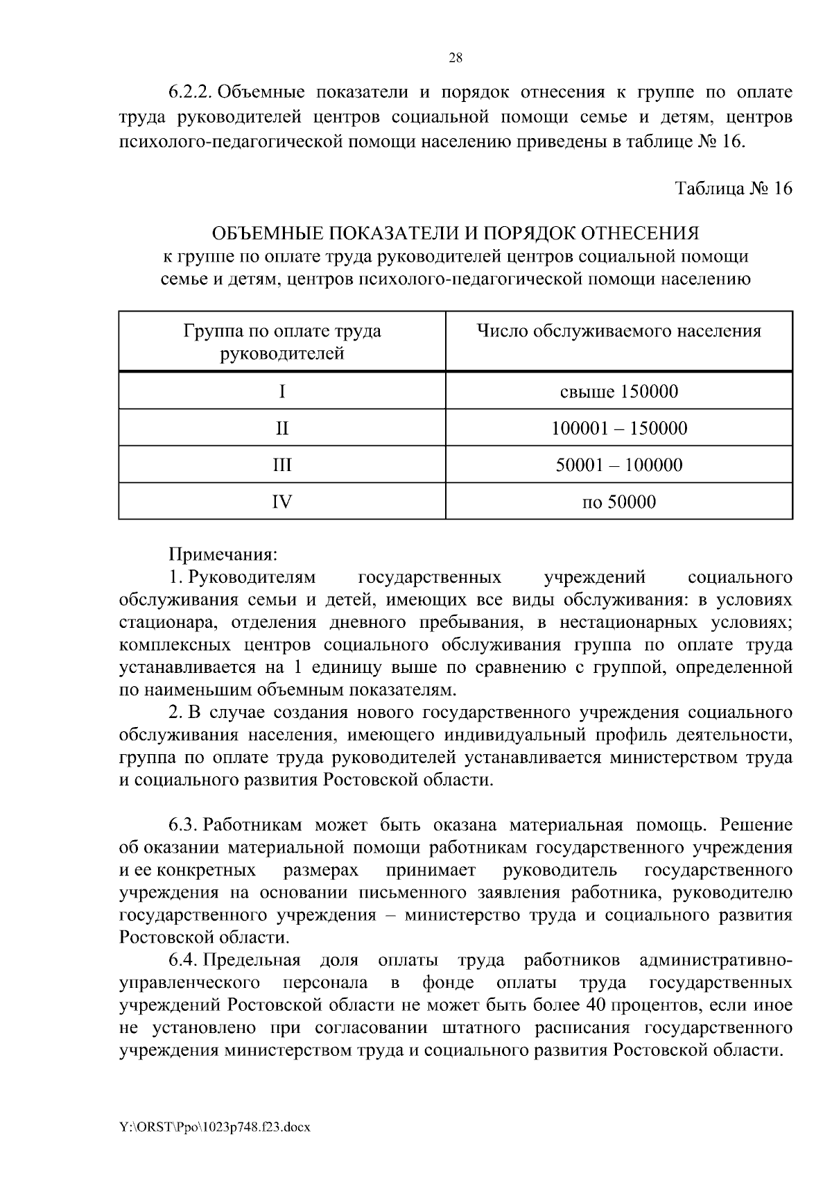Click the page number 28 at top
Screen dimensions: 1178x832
coord(456,58)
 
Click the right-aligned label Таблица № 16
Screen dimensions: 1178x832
coord(734,189)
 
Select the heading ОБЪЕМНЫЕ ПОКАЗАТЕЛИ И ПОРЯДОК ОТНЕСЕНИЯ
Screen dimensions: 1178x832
coord(456,233)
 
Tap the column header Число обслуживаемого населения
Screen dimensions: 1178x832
coord(618,332)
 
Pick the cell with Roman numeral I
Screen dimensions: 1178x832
coord(281,392)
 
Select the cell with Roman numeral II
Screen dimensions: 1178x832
coord(281,428)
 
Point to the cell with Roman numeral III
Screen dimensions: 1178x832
coord(281,465)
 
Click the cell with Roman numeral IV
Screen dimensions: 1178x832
coord(281,502)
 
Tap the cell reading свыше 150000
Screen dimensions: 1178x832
coord(618,392)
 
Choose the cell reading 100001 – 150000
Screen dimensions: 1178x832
coord(618,428)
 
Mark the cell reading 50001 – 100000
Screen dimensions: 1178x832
coord(618,465)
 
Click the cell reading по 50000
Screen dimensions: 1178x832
coord(618,502)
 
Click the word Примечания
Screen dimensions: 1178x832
coord(223,555)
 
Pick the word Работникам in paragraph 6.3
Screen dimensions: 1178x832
coord(254,825)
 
